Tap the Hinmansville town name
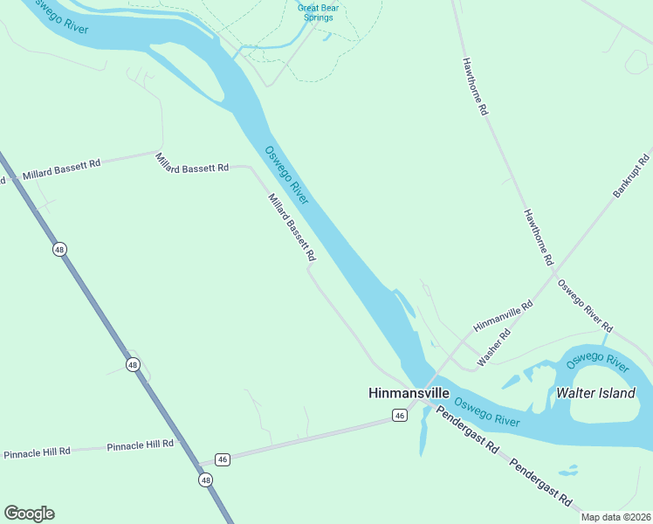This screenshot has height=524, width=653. coord(407,394)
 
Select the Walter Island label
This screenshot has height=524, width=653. coord(596,393)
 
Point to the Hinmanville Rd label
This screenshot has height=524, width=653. coord(503,316)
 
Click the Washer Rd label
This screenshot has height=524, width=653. coord(494,348)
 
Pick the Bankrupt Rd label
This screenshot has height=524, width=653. coord(632,176)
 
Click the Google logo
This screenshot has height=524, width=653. coord(29,514)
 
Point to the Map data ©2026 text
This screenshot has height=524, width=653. coord(616,517)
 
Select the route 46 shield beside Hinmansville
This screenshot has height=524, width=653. coord(400,416)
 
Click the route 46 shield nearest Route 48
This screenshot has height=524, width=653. coord(223,459)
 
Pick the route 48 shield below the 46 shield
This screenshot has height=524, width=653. coord(205,479)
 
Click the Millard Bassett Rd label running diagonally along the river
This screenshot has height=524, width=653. coord(292,228)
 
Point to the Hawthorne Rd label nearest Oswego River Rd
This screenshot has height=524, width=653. coord(538,237)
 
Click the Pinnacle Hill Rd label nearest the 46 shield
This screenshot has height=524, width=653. coord(141,445)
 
